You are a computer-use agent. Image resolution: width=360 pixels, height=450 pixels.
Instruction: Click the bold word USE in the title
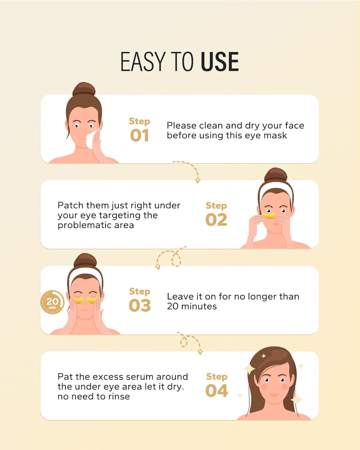click(220, 62)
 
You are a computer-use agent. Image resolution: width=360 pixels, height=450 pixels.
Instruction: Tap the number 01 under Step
click(139, 135)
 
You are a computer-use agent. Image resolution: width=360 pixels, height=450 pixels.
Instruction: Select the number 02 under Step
click(216, 220)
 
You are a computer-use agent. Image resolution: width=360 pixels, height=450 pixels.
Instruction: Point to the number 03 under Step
click(140, 305)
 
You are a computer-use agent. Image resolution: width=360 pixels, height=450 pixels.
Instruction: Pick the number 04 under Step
click(217, 391)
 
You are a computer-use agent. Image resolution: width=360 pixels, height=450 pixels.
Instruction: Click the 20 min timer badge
click(52, 302)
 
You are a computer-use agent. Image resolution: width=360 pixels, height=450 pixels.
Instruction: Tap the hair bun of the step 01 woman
click(84, 89)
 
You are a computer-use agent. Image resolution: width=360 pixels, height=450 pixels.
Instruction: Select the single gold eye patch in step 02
click(269, 215)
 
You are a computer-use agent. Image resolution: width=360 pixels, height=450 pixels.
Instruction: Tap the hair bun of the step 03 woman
click(85, 260)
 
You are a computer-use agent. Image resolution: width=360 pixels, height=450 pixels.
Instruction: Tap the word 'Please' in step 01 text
click(181, 126)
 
